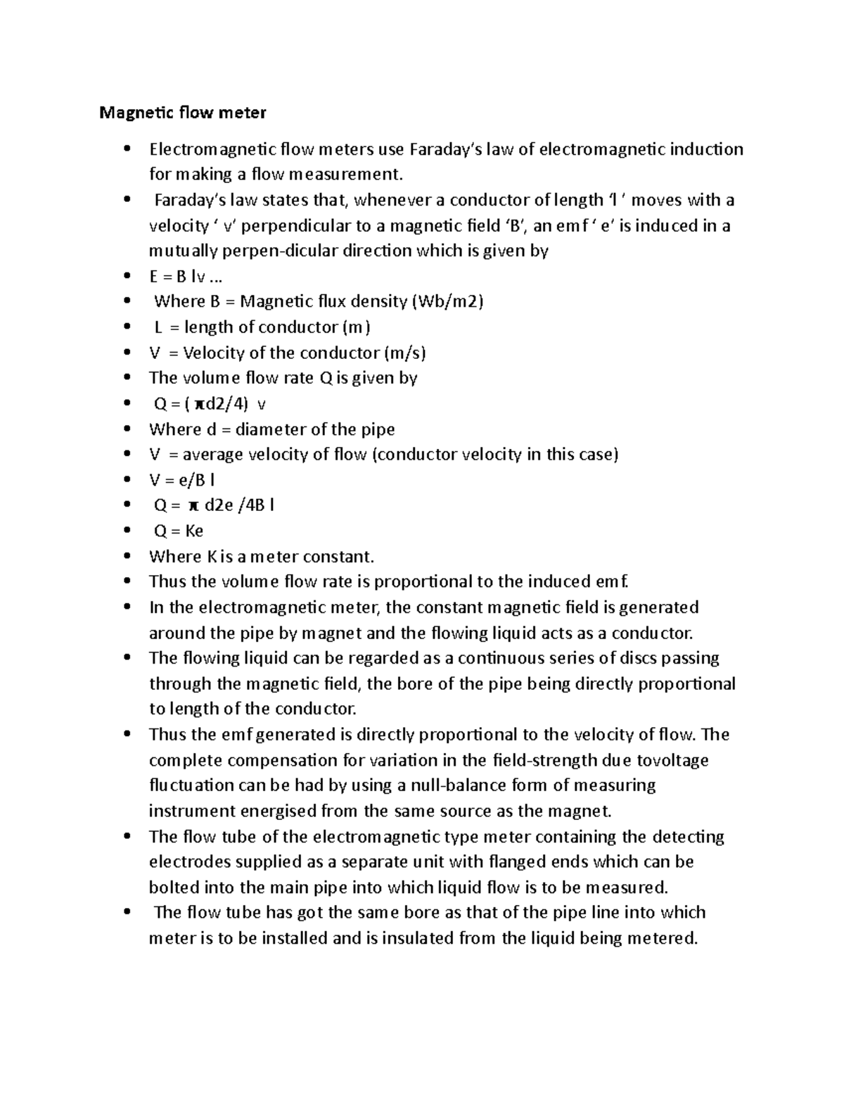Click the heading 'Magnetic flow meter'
coord(183,113)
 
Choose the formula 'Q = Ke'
coord(179,531)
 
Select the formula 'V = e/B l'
coord(182,480)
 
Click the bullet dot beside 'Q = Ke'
coord(127,531)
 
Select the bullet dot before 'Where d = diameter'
coord(127,430)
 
